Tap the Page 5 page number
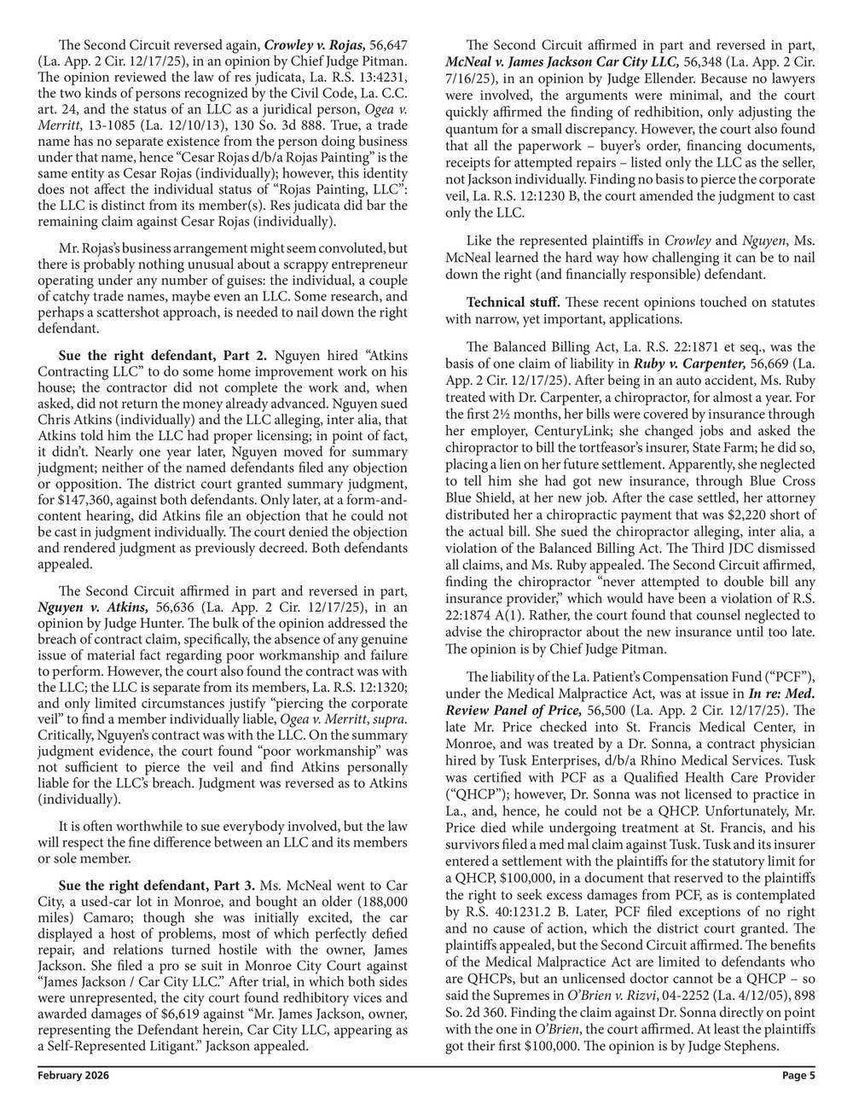799,1076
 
